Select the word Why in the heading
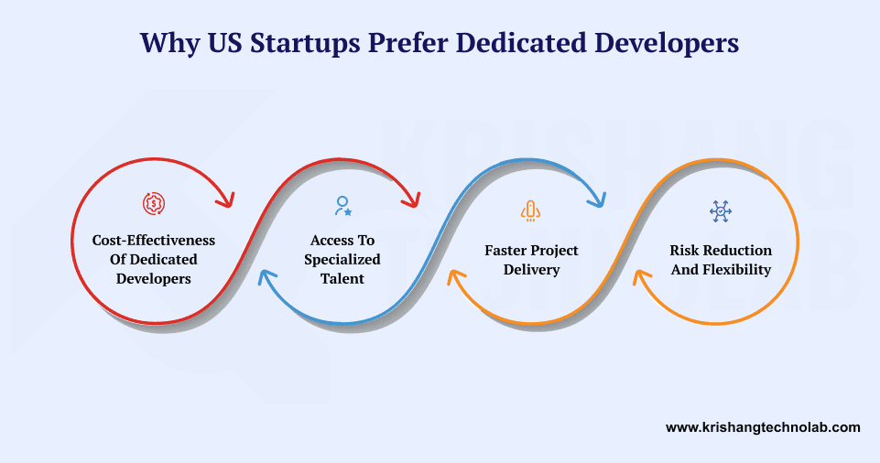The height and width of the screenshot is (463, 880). pyautogui.click(x=168, y=43)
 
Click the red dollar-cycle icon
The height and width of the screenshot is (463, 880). pyautogui.click(x=154, y=203)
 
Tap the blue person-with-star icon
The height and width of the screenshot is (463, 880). pyautogui.click(x=343, y=206)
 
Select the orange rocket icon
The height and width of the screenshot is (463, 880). pyautogui.click(x=530, y=211)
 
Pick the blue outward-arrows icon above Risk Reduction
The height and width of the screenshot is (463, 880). pyautogui.click(x=721, y=211)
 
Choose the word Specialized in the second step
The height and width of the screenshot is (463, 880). pyautogui.click(x=342, y=259)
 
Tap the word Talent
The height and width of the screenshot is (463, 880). pyautogui.click(x=342, y=278)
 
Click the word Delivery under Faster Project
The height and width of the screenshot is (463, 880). pyautogui.click(x=531, y=269)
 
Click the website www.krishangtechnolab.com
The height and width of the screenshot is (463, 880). pyautogui.click(x=763, y=426)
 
